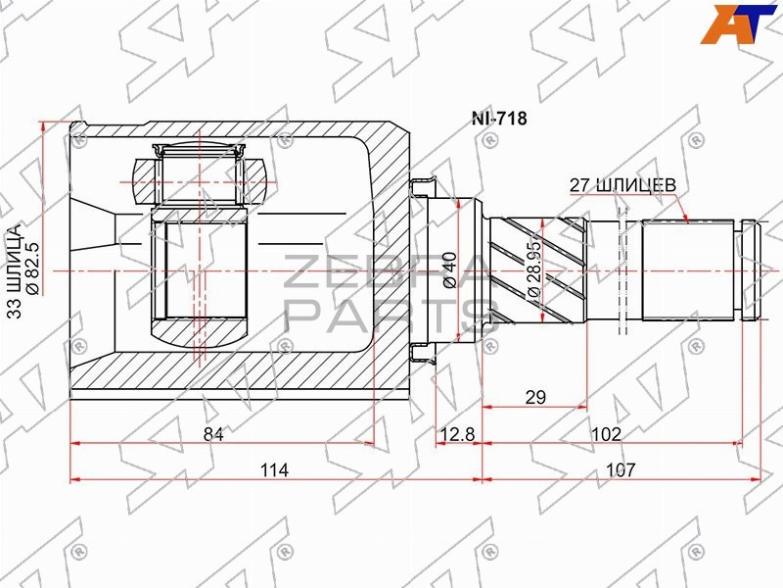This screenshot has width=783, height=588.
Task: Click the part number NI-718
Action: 499,119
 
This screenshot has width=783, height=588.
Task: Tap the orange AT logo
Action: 739,24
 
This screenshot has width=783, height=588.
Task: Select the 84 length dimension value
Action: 213,434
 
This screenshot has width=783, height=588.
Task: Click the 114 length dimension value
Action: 274,470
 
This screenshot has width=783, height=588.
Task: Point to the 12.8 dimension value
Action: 457,434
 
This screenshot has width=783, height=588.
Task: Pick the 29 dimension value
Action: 535,398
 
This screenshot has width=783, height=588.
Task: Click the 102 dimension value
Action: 606,434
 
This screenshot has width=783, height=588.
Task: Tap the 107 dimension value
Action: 621,470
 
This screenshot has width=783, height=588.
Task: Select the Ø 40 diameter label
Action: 449,270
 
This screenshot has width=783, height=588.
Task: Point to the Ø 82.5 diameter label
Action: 31,268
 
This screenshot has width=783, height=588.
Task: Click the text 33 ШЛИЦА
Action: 15,271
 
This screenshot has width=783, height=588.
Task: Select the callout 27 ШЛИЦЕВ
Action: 622,185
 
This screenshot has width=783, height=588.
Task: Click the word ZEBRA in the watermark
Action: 387,272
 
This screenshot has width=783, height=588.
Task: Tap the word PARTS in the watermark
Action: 392,316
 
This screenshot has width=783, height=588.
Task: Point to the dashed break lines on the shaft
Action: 622,270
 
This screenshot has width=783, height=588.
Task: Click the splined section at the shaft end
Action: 688,270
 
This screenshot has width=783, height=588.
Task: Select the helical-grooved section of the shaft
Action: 536,270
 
